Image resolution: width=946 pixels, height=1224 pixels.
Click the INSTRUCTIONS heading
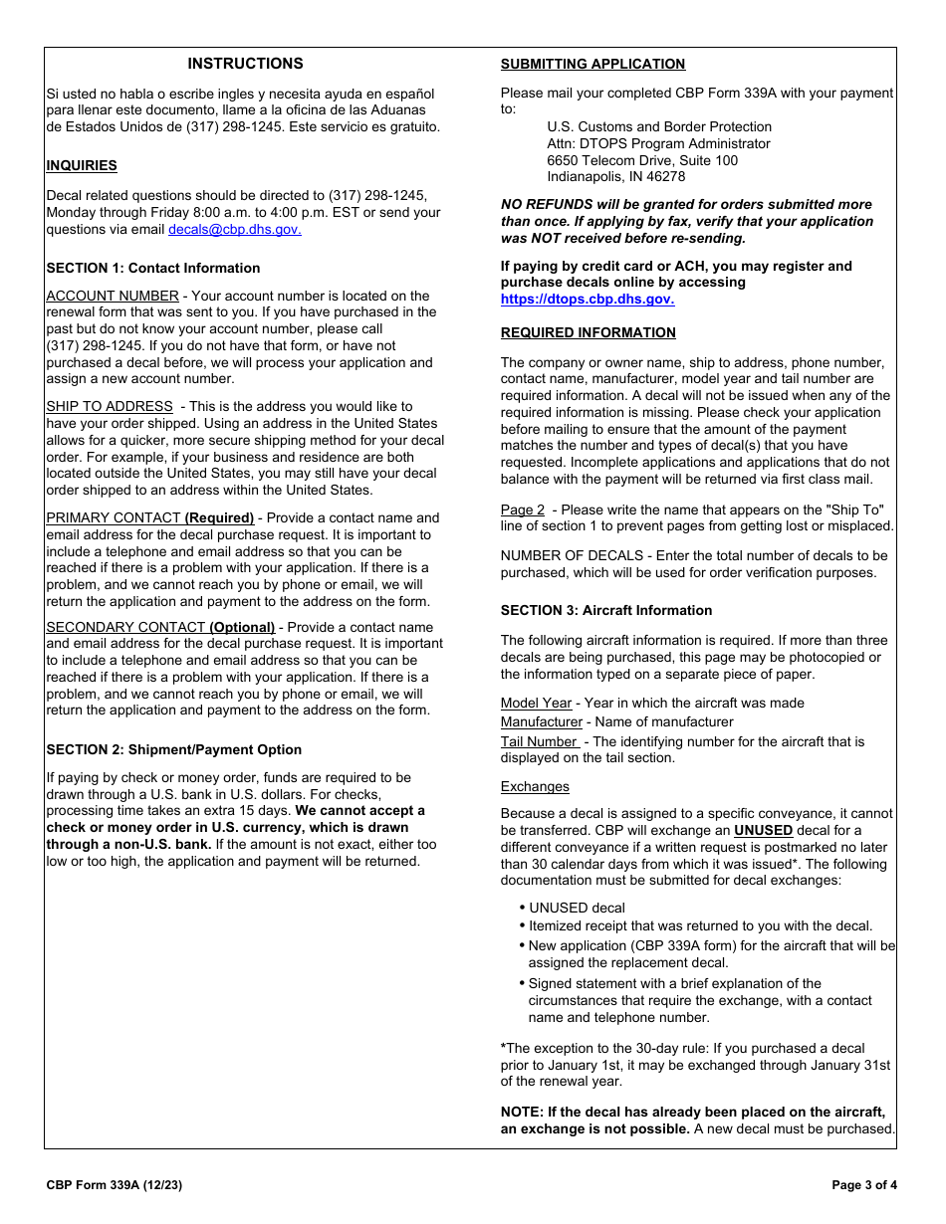click(x=245, y=64)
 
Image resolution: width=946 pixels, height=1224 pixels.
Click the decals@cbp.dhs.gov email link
click(x=234, y=229)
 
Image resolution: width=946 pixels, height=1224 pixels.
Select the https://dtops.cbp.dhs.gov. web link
click(x=587, y=299)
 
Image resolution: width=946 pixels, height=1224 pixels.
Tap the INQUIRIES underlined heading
click(x=82, y=166)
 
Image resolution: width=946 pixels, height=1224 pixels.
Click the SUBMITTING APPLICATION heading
click(x=592, y=65)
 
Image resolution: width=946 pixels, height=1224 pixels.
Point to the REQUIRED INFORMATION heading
click(x=588, y=332)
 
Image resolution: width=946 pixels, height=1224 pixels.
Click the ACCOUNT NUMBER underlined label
click(x=113, y=296)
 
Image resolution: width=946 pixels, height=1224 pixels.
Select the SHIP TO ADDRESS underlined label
click(x=110, y=406)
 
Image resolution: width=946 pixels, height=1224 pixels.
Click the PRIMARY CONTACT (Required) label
click(x=150, y=517)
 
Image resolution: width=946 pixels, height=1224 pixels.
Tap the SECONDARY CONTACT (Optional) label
click(x=160, y=627)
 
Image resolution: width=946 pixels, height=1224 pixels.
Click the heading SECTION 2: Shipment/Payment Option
click(x=173, y=749)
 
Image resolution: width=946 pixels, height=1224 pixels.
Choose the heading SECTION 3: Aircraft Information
click(x=605, y=610)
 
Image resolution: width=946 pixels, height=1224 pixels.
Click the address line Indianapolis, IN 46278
click(x=615, y=177)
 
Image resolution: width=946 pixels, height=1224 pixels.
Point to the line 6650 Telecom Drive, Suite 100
click(x=642, y=160)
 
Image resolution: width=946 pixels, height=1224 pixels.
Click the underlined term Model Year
click(x=536, y=703)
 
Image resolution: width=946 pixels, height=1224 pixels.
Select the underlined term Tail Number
click(x=539, y=741)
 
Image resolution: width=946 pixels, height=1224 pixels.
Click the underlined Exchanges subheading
click(x=535, y=786)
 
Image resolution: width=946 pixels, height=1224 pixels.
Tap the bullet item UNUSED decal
click(x=577, y=908)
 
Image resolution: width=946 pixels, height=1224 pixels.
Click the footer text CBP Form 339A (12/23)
click(x=114, y=1185)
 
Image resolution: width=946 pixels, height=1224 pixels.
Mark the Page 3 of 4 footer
click(x=863, y=1185)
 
